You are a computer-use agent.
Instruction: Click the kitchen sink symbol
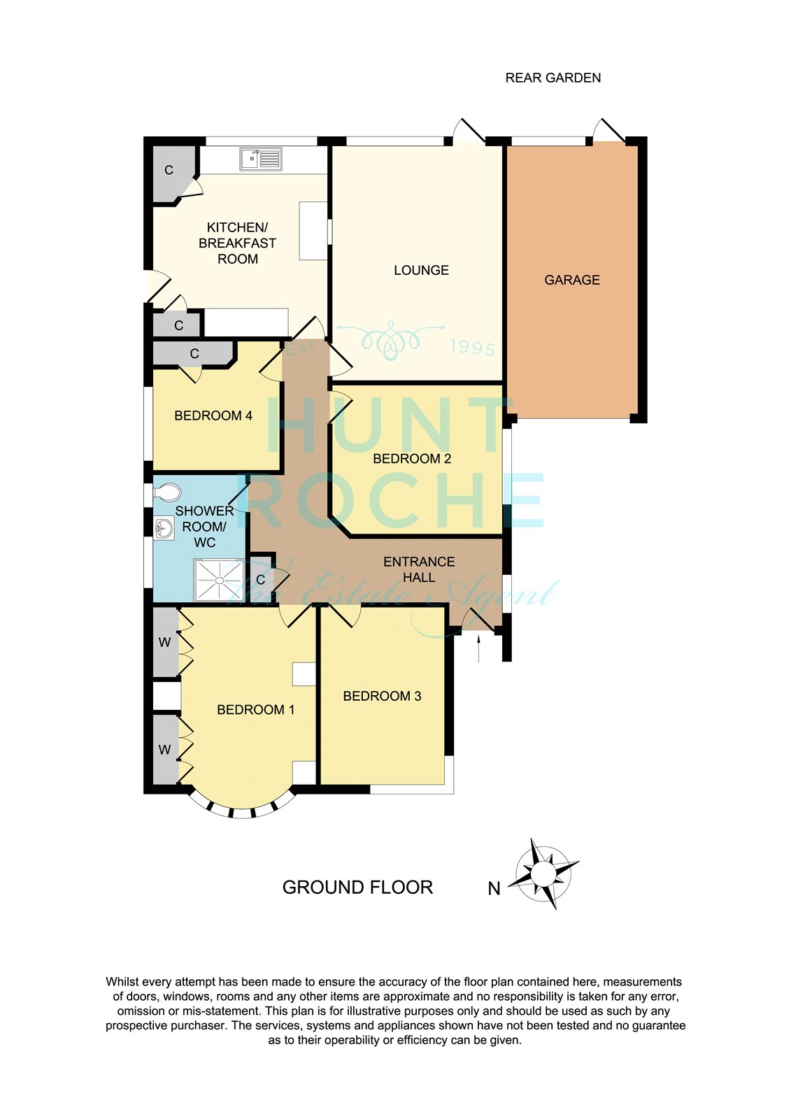click(260, 158)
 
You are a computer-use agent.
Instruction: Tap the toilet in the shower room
click(167, 492)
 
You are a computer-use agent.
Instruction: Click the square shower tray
click(220, 580)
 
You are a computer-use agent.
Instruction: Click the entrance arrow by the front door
click(478, 648)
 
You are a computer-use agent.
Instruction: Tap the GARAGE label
click(571, 280)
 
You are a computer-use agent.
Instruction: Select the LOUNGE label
click(421, 270)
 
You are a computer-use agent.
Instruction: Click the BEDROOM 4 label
click(213, 415)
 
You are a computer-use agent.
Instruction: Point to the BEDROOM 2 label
click(412, 459)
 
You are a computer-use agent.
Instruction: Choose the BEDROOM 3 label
click(382, 696)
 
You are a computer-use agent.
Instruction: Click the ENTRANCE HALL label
click(419, 569)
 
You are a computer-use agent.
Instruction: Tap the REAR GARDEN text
click(553, 78)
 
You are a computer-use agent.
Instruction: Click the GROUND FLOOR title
click(357, 888)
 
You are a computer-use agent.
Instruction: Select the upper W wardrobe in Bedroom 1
click(166, 642)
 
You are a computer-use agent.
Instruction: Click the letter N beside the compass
click(494, 889)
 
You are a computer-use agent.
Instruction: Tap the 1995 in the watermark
click(472, 348)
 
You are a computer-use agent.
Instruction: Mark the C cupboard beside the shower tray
click(260, 580)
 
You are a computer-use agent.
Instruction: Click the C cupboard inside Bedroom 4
click(194, 354)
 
